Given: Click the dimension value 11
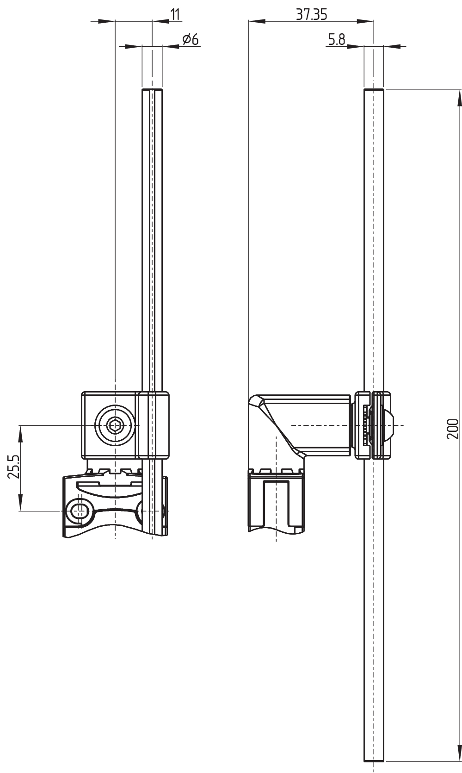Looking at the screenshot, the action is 175,15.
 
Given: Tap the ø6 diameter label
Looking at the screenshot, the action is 191,40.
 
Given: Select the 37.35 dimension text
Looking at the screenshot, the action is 312,14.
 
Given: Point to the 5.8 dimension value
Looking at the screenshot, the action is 337,40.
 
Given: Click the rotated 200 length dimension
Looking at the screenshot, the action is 453,429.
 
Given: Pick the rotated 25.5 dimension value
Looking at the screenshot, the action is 14,467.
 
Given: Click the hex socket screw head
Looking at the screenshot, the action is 115,425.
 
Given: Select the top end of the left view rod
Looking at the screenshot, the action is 152,89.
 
